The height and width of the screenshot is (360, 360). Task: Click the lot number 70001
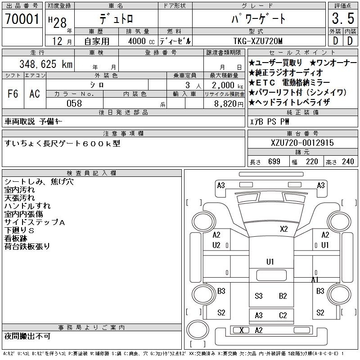22,19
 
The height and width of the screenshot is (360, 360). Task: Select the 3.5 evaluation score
343,18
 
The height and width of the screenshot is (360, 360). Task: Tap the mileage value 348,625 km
46,64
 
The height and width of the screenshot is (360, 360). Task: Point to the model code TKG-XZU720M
258,41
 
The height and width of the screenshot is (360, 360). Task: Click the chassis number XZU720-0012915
302,143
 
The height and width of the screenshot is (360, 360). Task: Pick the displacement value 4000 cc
141,41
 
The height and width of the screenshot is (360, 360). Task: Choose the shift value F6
13,94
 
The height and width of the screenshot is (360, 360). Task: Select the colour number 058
74,103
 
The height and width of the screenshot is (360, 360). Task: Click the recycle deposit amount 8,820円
229,104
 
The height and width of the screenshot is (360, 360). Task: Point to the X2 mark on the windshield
284,229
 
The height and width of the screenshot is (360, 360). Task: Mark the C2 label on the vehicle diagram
283,315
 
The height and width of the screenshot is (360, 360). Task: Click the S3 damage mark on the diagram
258,296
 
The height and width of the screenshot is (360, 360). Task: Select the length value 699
274,162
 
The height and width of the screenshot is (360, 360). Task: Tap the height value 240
348,162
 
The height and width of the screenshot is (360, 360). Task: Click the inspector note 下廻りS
19,230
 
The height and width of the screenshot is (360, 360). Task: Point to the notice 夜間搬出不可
27,336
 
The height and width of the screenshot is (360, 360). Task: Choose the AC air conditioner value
35,94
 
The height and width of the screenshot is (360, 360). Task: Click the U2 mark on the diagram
216,245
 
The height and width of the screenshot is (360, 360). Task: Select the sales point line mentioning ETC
289,82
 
